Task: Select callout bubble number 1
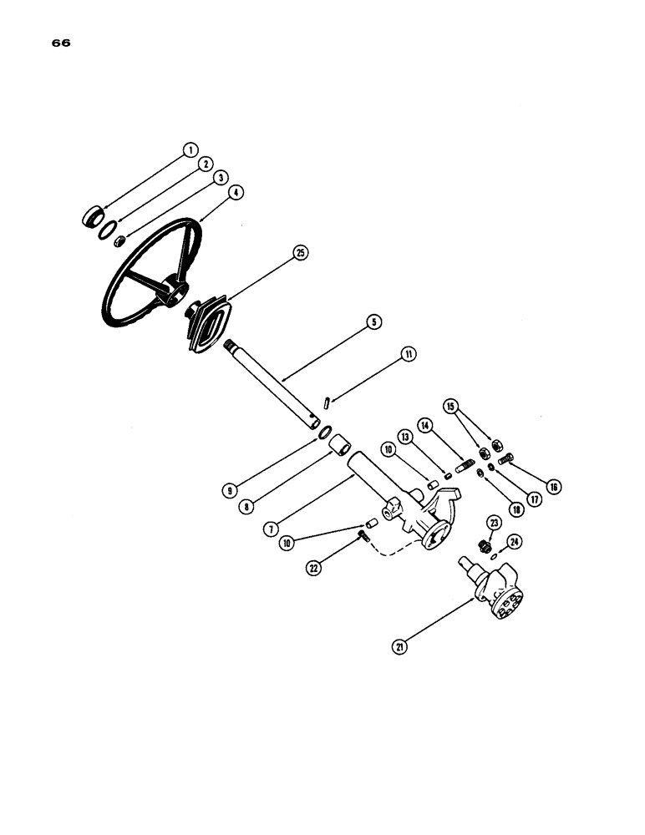[x=190, y=150]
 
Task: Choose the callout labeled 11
[x=408, y=354]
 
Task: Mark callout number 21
[x=399, y=644]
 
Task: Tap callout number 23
[x=494, y=522]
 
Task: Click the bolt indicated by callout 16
[x=505, y=458]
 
